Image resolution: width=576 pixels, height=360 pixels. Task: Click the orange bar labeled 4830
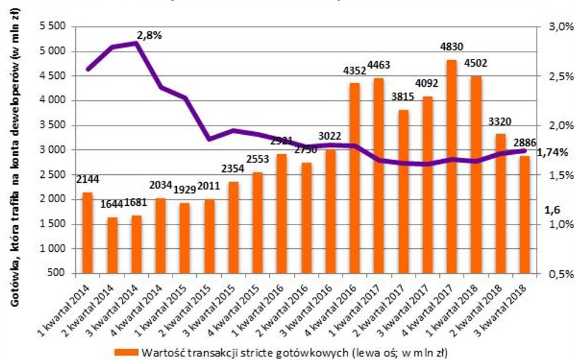tap(451, 167)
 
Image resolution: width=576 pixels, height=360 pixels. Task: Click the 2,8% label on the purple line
tap(149, 35)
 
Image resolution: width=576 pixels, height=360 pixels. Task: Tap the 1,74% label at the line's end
tap(553, 152)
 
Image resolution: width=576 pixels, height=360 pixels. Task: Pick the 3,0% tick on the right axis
tap(561, 27)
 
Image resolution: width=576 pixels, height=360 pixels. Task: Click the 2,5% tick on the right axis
tap(561, 76)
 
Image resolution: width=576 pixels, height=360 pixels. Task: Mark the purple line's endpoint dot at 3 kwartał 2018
tap(523, 151)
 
